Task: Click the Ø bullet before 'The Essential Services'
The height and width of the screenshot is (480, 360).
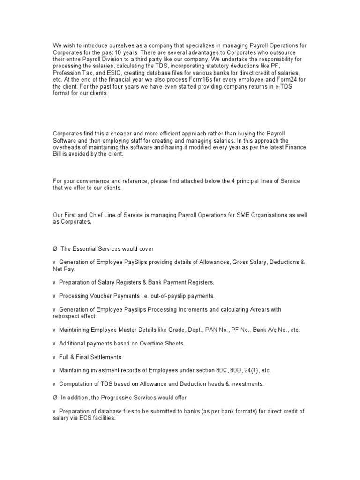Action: coord(55,248)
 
